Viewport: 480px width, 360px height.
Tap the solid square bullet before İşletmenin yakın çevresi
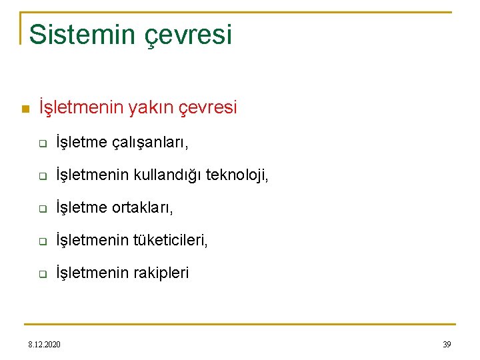click(25, 109)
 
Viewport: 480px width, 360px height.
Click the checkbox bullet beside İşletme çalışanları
click(41, 143)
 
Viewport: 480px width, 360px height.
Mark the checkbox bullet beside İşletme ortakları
click(41, 209)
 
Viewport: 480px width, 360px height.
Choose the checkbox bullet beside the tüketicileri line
click(41, 241)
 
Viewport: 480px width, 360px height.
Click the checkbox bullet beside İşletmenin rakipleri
click(41, 274)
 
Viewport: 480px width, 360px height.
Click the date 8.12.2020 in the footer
click(44, 344)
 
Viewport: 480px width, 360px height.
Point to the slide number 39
click(447, 344)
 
